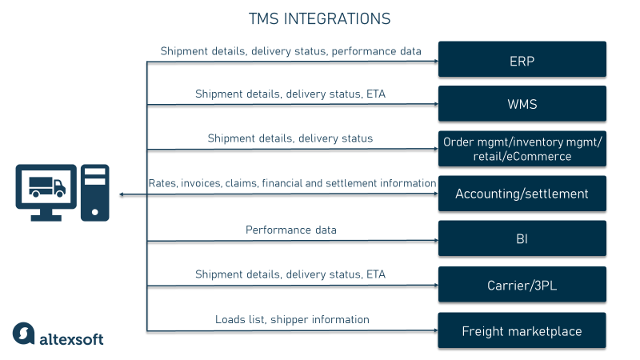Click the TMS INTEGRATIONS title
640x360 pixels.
click(x=320, y=18)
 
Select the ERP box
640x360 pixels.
click(x=522, y=59)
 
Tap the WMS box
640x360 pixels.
click(x=522, y=103)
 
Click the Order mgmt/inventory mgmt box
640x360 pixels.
click(x=522, y=149)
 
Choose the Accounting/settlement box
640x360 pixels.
click(x=522, y=194)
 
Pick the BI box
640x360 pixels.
click(x=522, y=238)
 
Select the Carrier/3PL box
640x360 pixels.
click(x=522, y=284)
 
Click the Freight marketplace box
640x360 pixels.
click(x=522, y=330)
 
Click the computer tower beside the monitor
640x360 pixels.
click(x=95, y=191)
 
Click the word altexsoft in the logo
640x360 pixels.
click(x=71, y=338)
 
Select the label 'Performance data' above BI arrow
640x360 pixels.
click(x=290, y=230)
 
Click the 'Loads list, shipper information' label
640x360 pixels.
click(x=292, y=319)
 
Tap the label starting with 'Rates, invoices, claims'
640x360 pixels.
click(x=292, y=183)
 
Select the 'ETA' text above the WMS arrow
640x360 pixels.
click(x=375, y=94)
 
